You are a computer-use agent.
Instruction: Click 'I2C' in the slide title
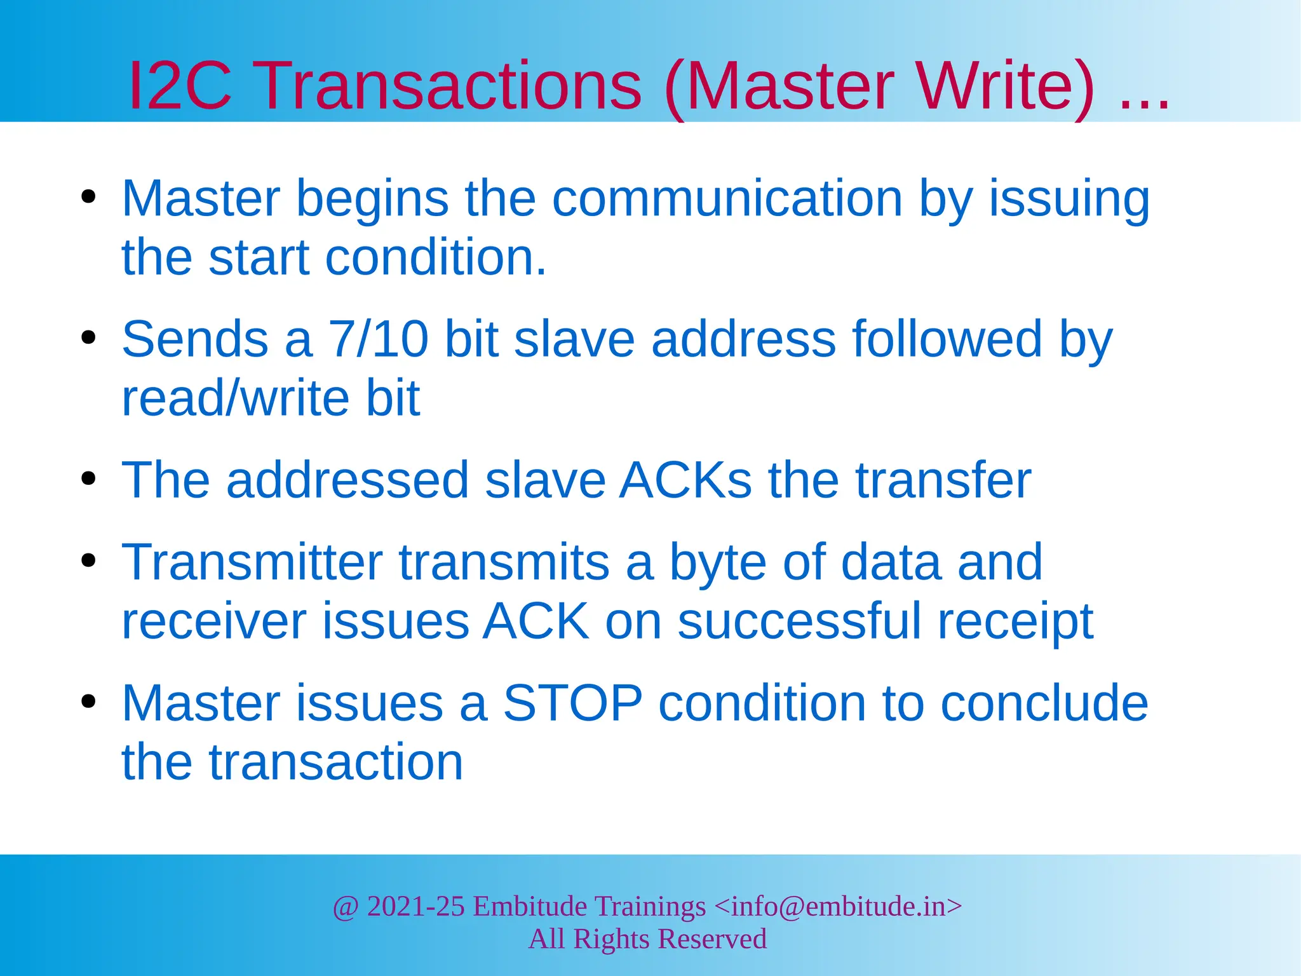click(x=180, y=85)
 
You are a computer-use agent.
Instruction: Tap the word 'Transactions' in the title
click(x=450, y=85)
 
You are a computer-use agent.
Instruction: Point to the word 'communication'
click(x=727, y=199)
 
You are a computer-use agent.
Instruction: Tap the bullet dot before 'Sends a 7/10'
click(x=88, y=337)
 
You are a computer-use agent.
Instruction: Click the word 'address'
click(x=743, y=339)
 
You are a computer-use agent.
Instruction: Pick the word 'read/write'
click(x=235, y=398)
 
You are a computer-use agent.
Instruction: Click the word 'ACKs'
click(x=686, y=480)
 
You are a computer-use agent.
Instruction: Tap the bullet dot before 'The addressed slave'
click(x=88, y=478)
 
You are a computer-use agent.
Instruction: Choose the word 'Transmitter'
click(x=252, y=562)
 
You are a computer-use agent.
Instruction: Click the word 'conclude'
click(x=1044, y=703)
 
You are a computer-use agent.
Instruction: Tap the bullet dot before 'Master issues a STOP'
click(x=88, y=701)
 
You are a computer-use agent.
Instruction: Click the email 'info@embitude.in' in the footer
click(x=839, y=907)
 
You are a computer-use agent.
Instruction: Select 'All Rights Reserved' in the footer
click(x=648, y=939)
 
